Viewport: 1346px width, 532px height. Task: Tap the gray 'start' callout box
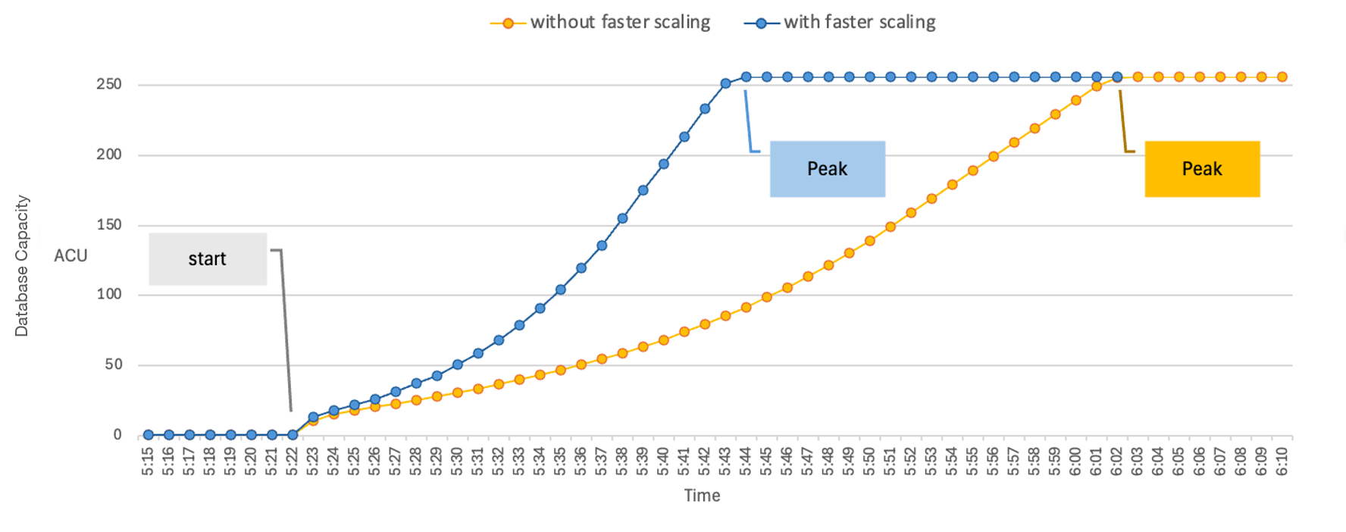coord(208,258)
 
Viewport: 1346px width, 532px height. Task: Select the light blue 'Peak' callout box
coord(827,169)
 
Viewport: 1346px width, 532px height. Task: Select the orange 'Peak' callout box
coord(1202,169)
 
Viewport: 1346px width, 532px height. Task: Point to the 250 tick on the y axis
coord(109,84)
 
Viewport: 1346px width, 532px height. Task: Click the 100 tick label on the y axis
coord(109,294)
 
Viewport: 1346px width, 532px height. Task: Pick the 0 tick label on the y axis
coord(117,435)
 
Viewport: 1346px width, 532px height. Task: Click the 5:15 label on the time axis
coord(149,461)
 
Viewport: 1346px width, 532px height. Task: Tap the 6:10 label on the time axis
coord(1282,461)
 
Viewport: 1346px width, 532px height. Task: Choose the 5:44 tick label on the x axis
coord(746,461)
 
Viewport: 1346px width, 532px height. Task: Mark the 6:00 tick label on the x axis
coord(1075,461)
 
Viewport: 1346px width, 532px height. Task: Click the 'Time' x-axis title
coord(702,496)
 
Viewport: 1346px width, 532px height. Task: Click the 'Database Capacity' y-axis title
coord(22,266)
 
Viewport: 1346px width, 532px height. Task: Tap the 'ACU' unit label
coord(70,255)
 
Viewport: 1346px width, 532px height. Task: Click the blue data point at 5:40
coord(664,164)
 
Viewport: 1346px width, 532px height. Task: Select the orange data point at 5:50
coord(870,241)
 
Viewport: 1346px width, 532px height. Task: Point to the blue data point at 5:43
coord(725,83)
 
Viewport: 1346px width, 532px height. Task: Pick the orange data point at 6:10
coord(1282,77)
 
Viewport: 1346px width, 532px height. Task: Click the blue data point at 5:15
coord(149,435)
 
